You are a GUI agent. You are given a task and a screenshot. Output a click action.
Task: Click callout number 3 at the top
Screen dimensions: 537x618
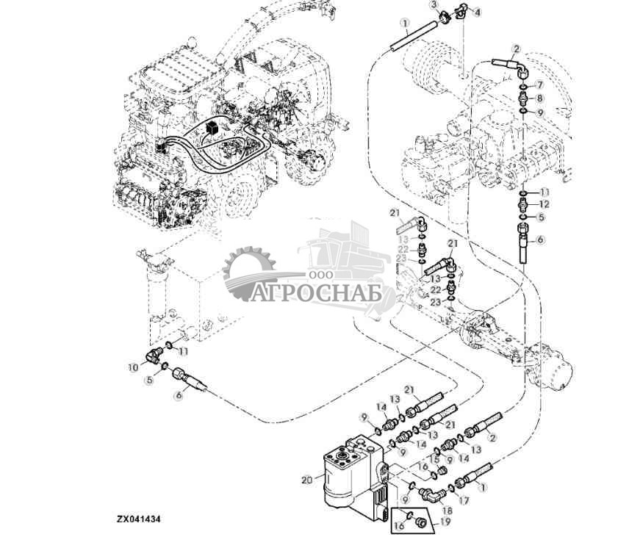click(434, 5)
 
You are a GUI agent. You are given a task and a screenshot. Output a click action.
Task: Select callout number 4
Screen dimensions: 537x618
click(478, 12)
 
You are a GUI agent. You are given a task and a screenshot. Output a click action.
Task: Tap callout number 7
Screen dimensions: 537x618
click(539, 85)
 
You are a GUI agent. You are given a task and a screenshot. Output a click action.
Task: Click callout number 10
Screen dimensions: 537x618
click(133, 367)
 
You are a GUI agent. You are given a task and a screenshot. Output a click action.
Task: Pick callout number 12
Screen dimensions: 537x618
click(544, 204)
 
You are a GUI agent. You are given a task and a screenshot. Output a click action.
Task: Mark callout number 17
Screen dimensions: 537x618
click(464, 500)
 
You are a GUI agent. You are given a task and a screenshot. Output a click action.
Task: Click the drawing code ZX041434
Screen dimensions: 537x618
click(138, 519)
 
